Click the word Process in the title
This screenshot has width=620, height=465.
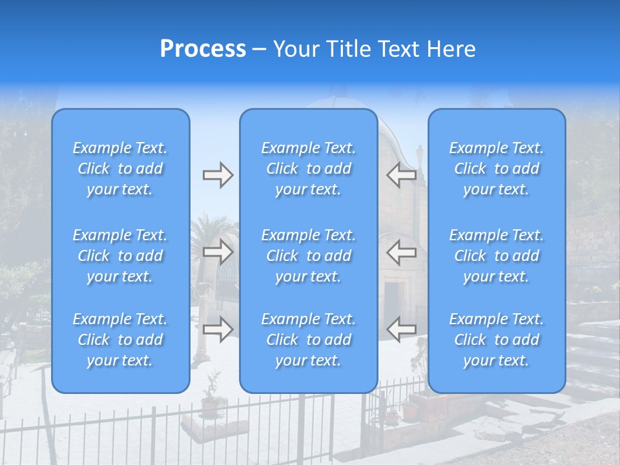click(x=203, y=49)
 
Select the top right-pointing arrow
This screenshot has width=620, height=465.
click(x=218, y=175)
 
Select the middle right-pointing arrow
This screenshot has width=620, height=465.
click(x=218, y=253)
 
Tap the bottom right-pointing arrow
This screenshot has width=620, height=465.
click(x=218, y=330)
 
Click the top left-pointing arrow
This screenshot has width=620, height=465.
click(x=401, y=175)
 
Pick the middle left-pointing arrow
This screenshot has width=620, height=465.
click(x=401, y=253)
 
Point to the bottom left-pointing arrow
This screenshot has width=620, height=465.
click(x=401, y=330)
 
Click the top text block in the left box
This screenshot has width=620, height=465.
click(x=120, y=169)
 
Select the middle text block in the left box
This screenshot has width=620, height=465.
click(x=120, y=256)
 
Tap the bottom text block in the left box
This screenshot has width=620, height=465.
click(x=120, y=340)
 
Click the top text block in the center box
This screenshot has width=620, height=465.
click(x=309, y=169)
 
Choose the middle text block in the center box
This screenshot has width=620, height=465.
click(x=309, y=256)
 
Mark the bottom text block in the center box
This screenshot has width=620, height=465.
click(x=309, y=340)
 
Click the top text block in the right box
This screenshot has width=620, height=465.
click(x=497, y=169)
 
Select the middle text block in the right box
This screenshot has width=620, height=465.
click(x=497, y=256)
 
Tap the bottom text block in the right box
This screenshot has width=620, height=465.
click(x=497, y=340)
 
